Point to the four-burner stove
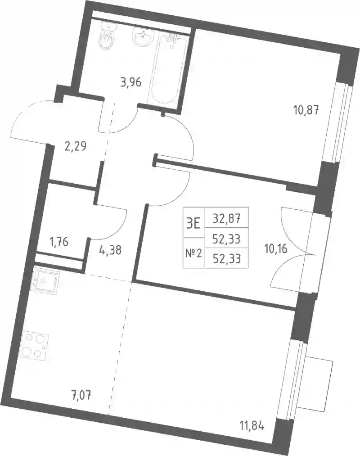pos(35,345)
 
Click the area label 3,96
pos(130,82)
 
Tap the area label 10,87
pos(306,110)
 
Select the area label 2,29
pos(75,145)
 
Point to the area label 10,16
pos(276,248)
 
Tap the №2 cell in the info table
pos(193,253)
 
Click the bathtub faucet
pos(173,38)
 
